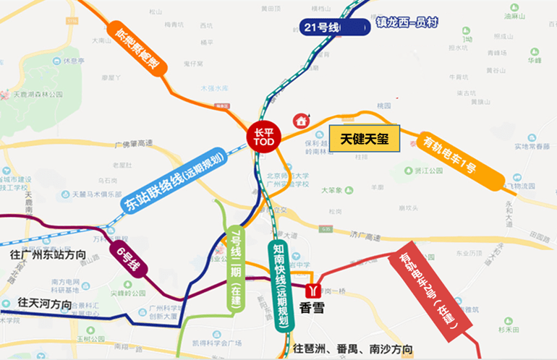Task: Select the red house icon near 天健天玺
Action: tap(299, 120)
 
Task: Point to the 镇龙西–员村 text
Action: tap(407, 22)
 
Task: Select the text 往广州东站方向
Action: tap(48, 255)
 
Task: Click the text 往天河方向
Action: tap(45, 304)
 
